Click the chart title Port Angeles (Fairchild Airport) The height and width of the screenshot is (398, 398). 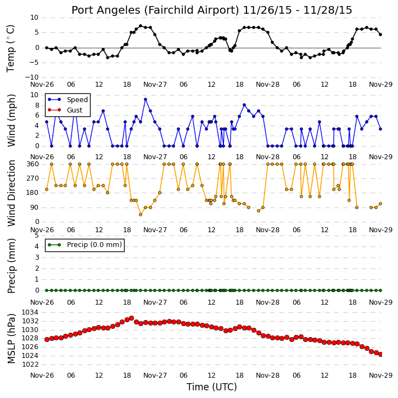[x=155, y=10]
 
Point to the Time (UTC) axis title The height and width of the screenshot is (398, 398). [x=212, y=387]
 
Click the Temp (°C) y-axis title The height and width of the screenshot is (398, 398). [x=10, y=48]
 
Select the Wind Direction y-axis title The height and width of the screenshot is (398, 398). [x=11, y=193]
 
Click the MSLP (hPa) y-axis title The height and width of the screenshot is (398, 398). [x=11, y=338]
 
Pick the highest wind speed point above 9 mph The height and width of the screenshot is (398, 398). [x=145, y=99]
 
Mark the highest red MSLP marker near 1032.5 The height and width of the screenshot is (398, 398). [x=132, y=318]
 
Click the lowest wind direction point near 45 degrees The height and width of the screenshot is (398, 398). [x=141, y=215]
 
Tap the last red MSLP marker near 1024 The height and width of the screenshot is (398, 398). [x=380, y=354]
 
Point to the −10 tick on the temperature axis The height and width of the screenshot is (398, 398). [x=32, y=77]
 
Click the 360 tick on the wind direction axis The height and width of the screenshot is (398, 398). [x=33, y=164]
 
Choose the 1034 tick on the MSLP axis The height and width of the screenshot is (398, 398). [x=30, y=312]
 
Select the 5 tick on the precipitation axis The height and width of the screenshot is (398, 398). [x=37, y=236]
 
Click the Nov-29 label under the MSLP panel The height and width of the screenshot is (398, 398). [x=380, y=375]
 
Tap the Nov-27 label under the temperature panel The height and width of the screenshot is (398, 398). [x=155, y=85]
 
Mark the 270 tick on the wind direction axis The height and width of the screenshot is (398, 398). [x=33, y=178]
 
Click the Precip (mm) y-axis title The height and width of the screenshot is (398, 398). [x=11, y=266]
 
